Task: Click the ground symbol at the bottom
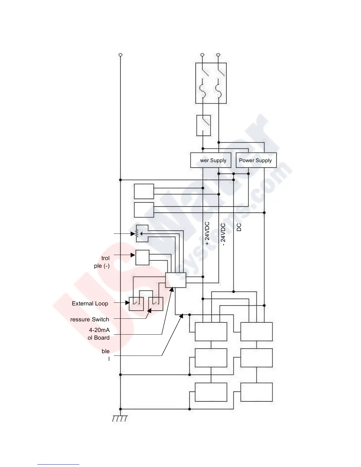tap(120, 419)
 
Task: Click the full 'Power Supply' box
tap(256, 160)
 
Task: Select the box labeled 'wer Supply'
tap(211, 160)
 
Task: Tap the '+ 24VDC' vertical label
tap(207, 233)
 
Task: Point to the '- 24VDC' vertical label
tap(223, 235)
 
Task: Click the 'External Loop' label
tap(90, 303)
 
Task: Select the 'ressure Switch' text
tap(90, 319)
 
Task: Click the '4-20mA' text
tap(99, 330)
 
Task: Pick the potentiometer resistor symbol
tap(137, 233)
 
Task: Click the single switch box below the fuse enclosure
tap(204, 125)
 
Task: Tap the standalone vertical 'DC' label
tap(239, 227)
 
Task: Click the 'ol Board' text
tap(99, 338)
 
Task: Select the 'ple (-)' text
tap(102, 266)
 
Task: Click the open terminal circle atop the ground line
tap(120, 55)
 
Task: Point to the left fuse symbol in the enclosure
tap(203, 88)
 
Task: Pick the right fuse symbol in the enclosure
tap(219, 88)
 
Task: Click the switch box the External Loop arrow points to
tap(136, 304)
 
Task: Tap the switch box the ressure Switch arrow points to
tap(156, 304)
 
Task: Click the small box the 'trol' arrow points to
tap(142, 257)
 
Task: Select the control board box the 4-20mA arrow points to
tap(176, 280)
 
